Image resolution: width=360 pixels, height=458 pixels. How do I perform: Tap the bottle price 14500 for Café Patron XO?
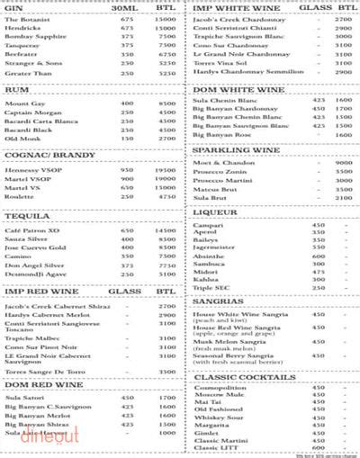[x=164, y=232]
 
